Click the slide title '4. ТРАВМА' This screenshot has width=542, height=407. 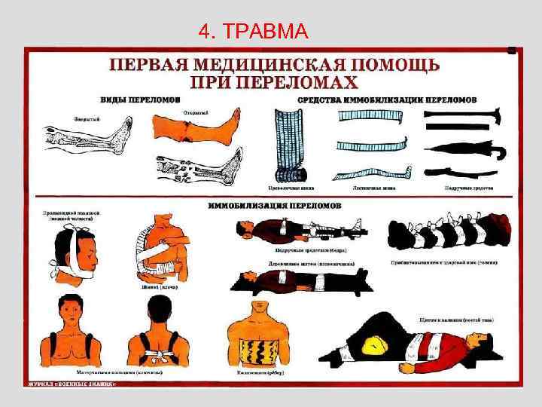(253, 32)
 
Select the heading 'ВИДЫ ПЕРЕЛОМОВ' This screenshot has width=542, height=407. (142, 99)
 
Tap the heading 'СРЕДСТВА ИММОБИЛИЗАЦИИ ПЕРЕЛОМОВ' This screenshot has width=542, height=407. (387, 99)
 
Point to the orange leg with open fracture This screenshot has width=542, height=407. (197, 126)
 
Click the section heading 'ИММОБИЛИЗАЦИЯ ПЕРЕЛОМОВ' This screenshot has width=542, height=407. (275, 205)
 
